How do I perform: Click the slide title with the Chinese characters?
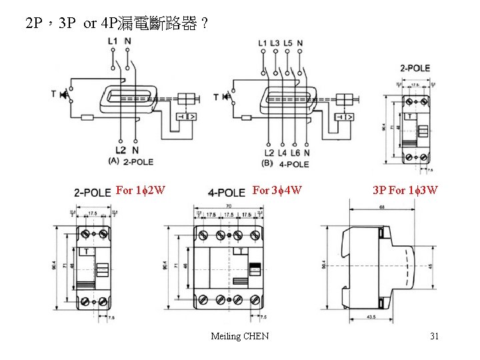point(116,25)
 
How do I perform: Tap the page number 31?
point(434,336)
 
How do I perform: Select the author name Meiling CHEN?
point(239,336)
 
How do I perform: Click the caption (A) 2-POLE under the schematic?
point(131,161)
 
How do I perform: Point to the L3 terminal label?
point(275,43)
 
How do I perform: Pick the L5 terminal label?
point(288,43)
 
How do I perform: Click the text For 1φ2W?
point(141,191)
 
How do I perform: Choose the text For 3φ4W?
point(278,191)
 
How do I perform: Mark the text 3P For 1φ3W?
point(405,191)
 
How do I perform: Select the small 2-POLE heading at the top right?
point(415,69)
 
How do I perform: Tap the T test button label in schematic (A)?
point(53,94)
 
